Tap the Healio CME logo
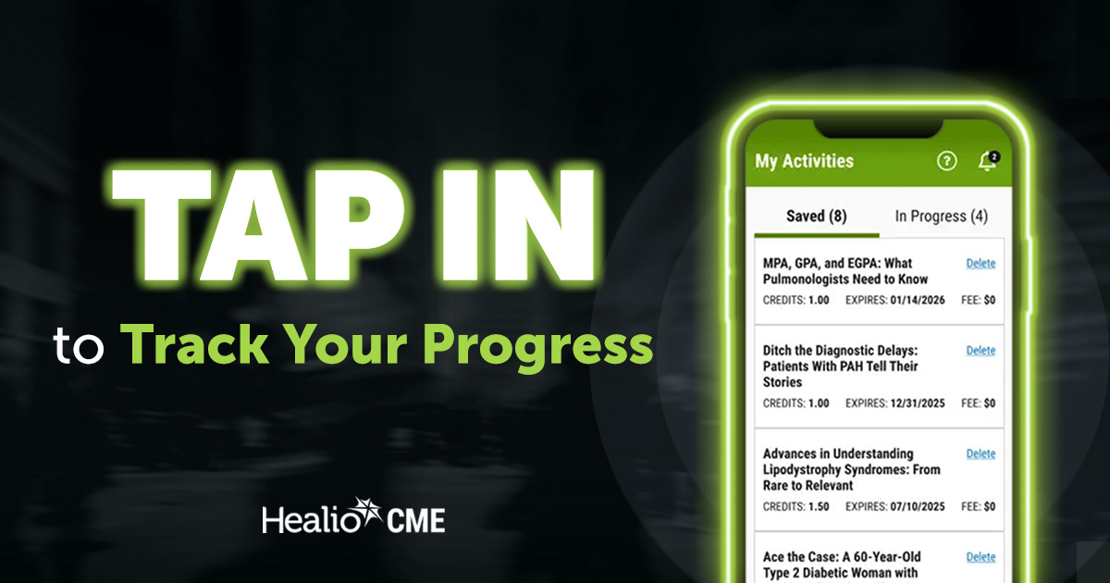point(353,518)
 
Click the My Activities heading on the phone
point(804,161)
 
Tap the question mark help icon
point(946,161)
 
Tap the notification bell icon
point(987,161)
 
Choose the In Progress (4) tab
point(941,217)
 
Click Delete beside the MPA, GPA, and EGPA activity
point(980,264)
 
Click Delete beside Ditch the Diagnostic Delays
point(980,351)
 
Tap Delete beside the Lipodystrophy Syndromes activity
point(980,454)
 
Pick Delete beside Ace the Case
point(980,557)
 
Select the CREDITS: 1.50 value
point(795,507)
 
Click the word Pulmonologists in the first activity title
point(804,279)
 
